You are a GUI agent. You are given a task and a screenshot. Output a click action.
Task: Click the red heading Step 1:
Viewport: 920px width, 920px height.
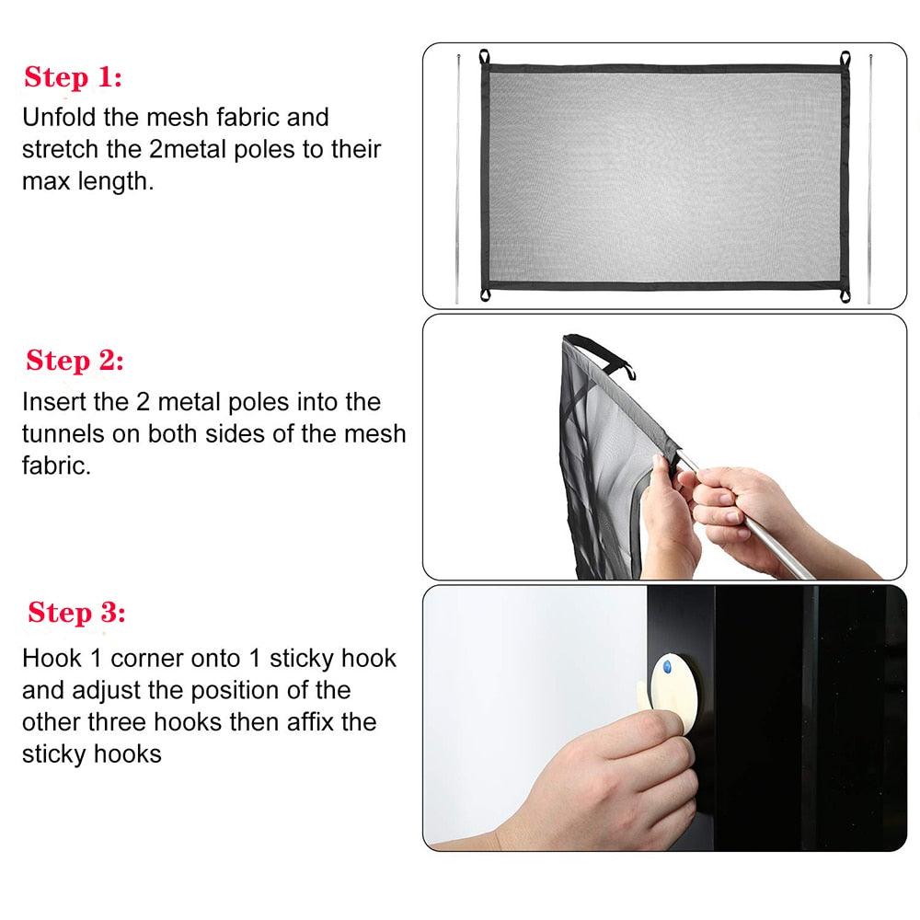[73, 77]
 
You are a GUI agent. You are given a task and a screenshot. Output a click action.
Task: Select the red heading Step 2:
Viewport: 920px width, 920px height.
[75, 361]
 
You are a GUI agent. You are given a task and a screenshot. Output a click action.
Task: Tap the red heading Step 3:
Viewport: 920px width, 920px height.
[76, 613]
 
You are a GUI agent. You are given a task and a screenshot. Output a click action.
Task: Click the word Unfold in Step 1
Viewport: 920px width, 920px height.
[59, 118]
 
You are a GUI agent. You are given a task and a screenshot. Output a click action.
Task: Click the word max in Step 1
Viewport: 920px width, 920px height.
[46, 182]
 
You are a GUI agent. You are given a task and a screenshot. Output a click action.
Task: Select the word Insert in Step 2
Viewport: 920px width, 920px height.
[54, 403]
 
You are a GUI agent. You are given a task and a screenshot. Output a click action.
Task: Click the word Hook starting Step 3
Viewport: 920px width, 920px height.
[52, 659]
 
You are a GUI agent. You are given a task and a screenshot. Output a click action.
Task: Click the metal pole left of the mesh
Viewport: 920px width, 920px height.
[457, 179]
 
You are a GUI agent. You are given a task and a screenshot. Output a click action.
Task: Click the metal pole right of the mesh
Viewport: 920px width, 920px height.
[869, 179]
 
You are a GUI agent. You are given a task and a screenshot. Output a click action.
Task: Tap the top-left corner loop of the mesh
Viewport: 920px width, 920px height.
[484, 57]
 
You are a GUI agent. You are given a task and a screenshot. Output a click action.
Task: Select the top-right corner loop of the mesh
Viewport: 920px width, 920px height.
[845, 59]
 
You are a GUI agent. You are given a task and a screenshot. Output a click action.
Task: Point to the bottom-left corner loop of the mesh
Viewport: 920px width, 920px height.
[485, 294]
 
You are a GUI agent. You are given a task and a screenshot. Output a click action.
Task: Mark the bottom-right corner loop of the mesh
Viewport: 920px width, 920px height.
[845, 295]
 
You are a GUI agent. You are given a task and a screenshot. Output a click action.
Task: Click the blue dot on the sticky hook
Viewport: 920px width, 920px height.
[667, 667]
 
